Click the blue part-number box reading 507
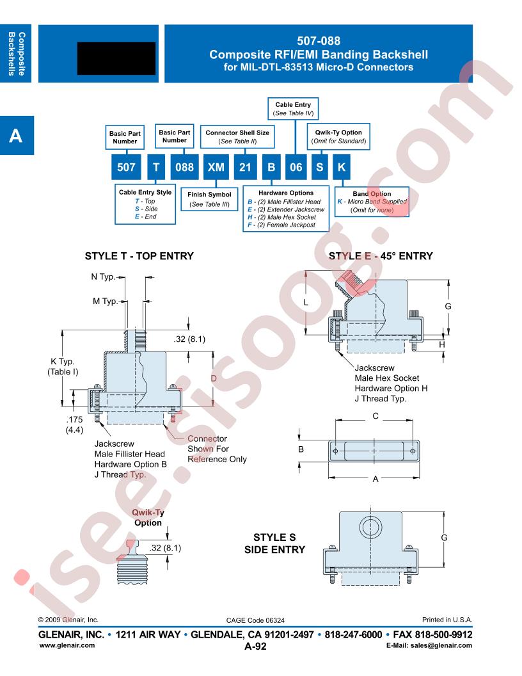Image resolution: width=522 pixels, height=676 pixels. [126, 167]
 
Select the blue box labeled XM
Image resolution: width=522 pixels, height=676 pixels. [216, 167]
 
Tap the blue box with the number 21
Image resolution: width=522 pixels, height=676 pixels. [245, 167]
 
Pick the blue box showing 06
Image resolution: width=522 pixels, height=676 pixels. [296, 167]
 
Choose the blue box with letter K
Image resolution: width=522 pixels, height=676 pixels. [341, 167]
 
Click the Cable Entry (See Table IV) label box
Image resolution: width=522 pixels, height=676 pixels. [293, 109]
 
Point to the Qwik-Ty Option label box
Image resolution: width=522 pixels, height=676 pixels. [338, 136]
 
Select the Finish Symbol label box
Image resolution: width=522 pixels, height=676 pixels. [209, 199]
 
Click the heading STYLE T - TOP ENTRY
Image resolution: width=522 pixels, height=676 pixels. [139, 256]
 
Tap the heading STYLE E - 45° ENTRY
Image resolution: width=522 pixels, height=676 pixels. [381, 256]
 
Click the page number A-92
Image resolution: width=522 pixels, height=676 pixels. [255, 647]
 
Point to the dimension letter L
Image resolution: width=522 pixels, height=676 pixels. [306, 303]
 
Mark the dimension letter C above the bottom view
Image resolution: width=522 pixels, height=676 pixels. [376, 416]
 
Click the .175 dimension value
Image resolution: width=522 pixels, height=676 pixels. [74, 419]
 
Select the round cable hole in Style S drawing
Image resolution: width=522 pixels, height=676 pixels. [370, 527]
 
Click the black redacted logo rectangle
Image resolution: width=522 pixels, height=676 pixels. [116, 58]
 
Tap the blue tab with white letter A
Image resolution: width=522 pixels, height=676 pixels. [17, 135]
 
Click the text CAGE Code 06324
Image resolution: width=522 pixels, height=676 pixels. [255, 620]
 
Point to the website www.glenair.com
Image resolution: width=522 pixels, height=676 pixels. [67, 645]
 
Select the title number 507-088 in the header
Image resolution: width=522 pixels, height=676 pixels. [319, 41]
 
